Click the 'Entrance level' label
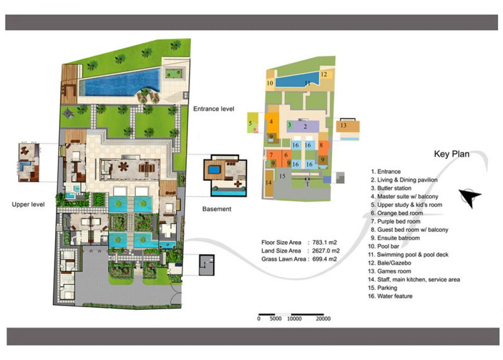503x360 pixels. point(214,109)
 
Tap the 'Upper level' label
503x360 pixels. point(28,205)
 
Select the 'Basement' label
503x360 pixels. point(217,209)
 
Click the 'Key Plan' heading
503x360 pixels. point(452,154)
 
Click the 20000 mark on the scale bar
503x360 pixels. point(323,319)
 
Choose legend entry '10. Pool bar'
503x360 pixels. point(384,246)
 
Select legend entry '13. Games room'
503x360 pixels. point(389,271)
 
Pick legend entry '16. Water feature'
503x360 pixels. point(390,296)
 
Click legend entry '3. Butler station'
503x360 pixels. point(391,188)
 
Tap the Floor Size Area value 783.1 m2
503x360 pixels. point(324,242)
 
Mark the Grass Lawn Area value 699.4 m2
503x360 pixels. point(324,259)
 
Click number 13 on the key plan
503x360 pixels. point(343,125)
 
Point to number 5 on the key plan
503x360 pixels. point(250,123)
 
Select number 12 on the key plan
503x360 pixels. point(323,74)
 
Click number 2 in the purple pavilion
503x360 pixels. point(305,127)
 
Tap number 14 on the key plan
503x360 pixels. point(269,183)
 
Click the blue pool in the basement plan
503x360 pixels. point(215,169)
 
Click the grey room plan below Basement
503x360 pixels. point(207,265)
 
